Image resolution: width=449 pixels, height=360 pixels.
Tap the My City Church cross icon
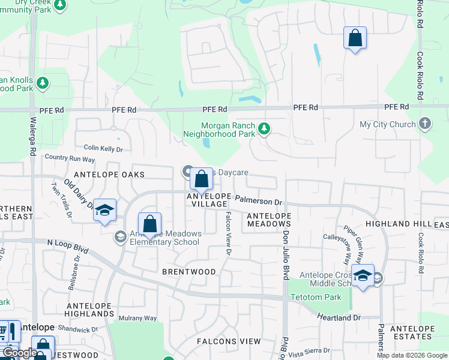425,124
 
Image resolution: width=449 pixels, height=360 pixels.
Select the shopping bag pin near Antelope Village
202,179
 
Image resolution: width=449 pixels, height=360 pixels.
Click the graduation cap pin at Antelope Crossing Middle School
363,275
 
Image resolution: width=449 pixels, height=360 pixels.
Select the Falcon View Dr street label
228,234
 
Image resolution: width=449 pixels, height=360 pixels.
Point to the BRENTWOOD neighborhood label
188,272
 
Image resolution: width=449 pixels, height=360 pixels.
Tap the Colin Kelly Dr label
103,148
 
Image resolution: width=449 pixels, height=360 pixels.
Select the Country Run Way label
70,159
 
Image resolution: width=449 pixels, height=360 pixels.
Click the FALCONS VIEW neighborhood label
229,341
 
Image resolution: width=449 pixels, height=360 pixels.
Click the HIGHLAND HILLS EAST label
415,224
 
